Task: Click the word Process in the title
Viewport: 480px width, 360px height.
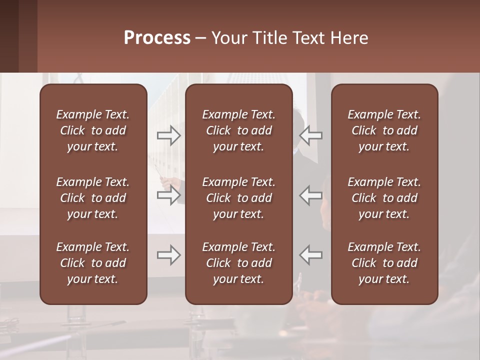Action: pos(157,38)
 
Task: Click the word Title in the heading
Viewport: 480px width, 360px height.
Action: pos(269,38)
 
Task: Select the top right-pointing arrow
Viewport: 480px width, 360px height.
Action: pos(169,135)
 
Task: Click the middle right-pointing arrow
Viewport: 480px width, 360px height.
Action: pos(169,195)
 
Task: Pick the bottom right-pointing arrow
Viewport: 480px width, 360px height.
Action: pos(169,255)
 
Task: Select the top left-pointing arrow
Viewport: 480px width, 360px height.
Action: pos(311,135)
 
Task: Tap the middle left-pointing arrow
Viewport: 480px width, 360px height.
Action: pos(311,195)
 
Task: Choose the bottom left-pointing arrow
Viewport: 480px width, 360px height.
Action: pos(311,255)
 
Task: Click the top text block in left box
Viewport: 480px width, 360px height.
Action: pos(93,130)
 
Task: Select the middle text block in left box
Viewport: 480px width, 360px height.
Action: pos(93,198)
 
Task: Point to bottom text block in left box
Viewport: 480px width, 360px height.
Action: pos(93,263)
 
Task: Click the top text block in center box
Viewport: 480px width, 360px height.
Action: pos(238,130)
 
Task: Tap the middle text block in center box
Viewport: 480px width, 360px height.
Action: pos(238,198)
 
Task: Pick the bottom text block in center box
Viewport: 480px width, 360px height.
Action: pos(238,263)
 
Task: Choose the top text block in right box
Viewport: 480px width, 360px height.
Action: pos(384,130)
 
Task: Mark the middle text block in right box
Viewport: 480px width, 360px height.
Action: pos(384,198)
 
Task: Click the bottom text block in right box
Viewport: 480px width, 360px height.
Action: pos(384,263)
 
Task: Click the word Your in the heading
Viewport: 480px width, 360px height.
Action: pos(228,38)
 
